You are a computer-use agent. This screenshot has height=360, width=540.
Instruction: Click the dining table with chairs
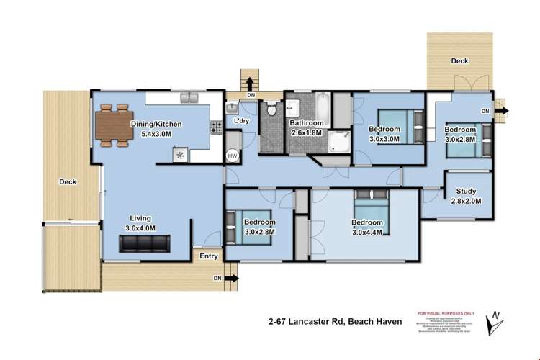click(114, 127)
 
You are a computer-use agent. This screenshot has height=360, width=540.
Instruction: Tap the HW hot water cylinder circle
click(233, 156)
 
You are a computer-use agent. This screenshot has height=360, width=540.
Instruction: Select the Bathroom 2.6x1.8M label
click(307, 127)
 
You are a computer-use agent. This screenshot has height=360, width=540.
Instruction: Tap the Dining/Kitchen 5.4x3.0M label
click(156, 129)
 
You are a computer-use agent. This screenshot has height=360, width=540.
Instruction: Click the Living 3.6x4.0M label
click(140, 223)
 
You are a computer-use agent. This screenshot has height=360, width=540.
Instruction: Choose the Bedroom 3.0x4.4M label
click(367, 227)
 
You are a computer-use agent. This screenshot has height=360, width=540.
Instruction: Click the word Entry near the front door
click(208, 256)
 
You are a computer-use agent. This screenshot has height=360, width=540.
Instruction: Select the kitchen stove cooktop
click(215, 128)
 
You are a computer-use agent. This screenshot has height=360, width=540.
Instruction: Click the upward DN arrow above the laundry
click(250, 82)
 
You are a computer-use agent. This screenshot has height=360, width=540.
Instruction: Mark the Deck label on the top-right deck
click(459, 61)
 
